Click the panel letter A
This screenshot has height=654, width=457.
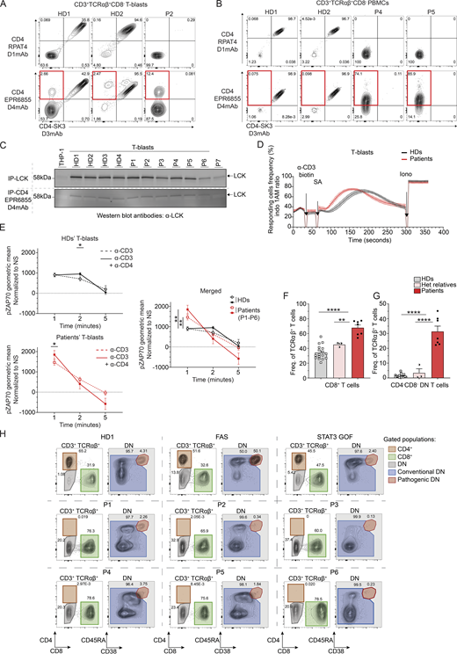tap(5, 6)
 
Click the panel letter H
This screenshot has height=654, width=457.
tap(5, 433)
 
